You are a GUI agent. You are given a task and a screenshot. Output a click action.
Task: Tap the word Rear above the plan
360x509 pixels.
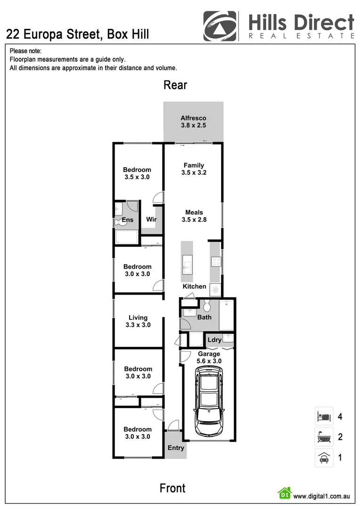click(175, 85)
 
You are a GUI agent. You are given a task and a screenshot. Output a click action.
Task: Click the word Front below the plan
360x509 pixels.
click(172, 488)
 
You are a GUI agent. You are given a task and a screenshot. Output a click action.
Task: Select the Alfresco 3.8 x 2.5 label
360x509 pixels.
click(193, 122)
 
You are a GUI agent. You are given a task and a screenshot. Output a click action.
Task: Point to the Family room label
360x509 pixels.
click(194, 169)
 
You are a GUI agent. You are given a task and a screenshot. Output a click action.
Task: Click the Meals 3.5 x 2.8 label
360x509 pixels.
click(194, 216)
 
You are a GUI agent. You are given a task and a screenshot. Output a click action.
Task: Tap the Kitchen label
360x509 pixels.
click(194, 287)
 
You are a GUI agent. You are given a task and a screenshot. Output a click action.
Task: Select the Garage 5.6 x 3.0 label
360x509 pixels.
click(209, 357)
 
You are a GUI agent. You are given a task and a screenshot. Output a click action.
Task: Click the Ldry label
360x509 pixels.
click(214, 340)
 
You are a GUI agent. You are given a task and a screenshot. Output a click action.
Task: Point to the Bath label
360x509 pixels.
click(204, 317)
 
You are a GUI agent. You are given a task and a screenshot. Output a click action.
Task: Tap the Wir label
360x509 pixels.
click(151, 220)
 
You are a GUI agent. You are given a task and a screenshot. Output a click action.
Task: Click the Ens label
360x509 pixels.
click(128, 220)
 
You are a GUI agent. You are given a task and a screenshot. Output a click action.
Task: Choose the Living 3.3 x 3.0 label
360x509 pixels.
click(138, 321)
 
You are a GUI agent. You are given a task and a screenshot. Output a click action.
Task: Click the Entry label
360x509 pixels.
click(176, 448)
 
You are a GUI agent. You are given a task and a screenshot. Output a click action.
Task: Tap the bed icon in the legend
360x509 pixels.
click(324, 417)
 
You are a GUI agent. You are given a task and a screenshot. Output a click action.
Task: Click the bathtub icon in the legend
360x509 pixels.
click(324, 437)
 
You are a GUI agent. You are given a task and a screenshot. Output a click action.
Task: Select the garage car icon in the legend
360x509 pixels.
click(324, 458)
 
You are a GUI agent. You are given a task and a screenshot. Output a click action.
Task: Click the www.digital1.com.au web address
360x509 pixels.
click(321, 496)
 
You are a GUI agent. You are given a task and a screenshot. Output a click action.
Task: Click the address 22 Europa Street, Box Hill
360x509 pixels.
click(78, 34)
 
